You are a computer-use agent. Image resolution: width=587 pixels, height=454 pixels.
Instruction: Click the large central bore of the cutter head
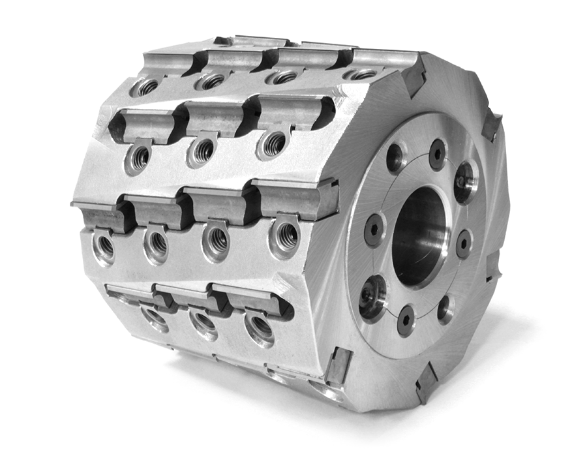(x=419, y=236)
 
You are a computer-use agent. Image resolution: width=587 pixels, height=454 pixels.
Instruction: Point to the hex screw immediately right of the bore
(x=464, y=243)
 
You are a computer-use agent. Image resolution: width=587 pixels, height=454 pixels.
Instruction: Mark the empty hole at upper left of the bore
(x=395, y=157)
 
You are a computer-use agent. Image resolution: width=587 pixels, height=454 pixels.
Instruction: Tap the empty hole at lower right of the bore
(x=445, y=307)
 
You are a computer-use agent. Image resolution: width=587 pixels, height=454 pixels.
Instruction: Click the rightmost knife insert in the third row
(x=297, y=199)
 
